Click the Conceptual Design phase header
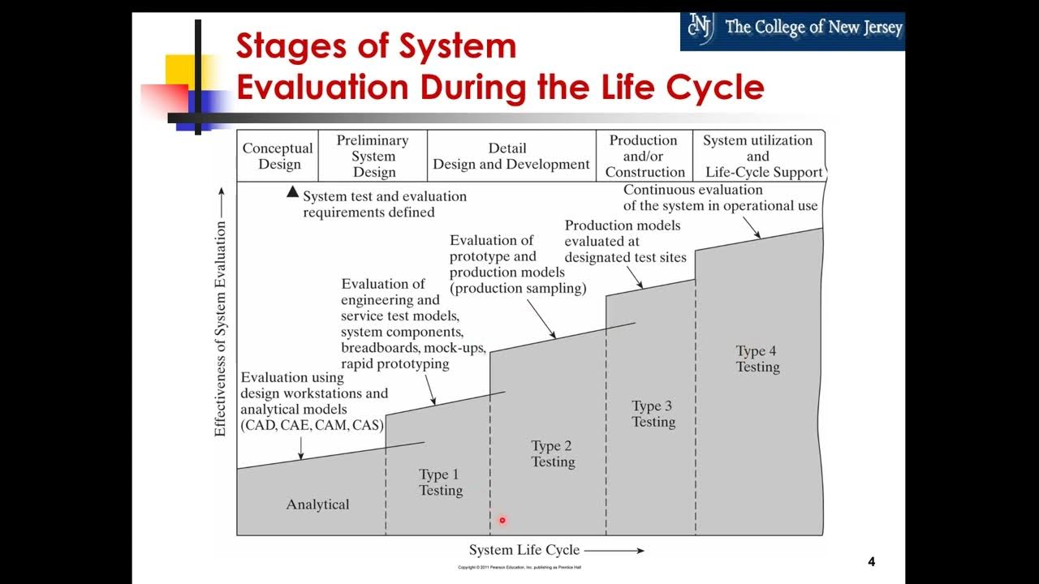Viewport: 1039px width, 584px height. point(278,156)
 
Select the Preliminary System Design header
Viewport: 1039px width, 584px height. point(373,156)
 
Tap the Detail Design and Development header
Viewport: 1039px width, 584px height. point(511,156)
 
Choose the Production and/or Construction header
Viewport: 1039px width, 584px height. point(645,156)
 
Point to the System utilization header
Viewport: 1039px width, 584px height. point(758,156)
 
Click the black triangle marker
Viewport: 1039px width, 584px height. point(292,192)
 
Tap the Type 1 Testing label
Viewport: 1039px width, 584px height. point(440,482)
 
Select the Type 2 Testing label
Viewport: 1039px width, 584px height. point(553,453)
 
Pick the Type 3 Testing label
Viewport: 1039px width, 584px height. point(653,414)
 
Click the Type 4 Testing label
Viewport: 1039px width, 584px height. point(757,359)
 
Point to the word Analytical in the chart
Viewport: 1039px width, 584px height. point(317,505)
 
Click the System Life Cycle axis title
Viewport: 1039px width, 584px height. point(524,550)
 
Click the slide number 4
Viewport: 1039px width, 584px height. point(871,561)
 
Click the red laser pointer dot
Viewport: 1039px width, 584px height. point(502,521)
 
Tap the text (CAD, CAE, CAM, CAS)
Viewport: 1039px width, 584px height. point(312,425)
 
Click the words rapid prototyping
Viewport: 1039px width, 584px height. point(394,364)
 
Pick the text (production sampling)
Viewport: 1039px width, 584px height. point(518,288)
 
